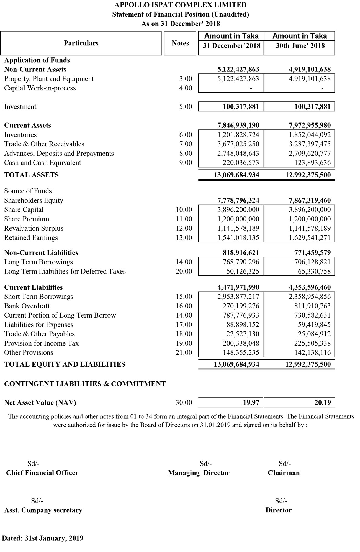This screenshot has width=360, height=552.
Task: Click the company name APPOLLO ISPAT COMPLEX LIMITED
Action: (180, 5)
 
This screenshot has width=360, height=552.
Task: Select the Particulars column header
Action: (81, 43)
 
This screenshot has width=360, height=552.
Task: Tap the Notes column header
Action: (180, 43)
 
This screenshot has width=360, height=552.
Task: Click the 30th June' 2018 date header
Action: (300, 46)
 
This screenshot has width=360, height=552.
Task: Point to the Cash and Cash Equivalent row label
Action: (43, 163)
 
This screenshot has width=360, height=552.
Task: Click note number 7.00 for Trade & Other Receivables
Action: (186, 144)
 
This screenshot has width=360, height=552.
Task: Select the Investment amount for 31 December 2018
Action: (241, 107)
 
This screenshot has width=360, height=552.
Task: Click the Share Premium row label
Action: (27, 219)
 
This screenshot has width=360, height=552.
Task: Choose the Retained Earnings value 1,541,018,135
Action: (238, 238)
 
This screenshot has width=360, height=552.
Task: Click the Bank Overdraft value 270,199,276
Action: (241, 306)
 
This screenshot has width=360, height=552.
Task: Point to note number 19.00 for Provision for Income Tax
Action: (184, 343)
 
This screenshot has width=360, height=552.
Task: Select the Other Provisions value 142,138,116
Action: (312, 353)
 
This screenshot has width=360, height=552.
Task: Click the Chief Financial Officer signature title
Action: (42, 473)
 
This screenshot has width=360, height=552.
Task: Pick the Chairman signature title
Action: (284, 473)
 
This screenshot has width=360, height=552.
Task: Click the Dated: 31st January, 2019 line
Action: (43, 538)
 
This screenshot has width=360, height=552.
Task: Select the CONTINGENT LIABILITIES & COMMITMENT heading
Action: (85, 384)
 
